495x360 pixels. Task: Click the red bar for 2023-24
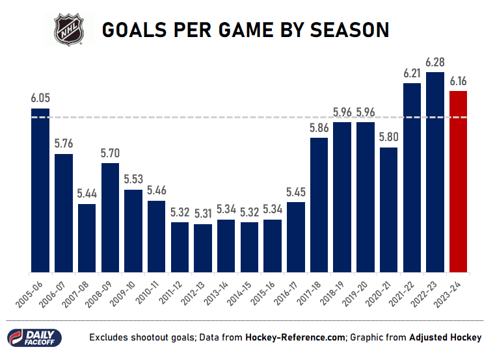point(458,182)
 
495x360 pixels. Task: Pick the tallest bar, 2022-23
point(435,172)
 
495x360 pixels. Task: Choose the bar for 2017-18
point(319,205)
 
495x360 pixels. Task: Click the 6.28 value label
point(435,62)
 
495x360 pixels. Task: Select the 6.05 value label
point(40,98)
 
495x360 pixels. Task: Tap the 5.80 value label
point(388,138)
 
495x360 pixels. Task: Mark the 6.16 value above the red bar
point(458,81)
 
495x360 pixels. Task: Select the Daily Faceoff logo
point(34,337)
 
